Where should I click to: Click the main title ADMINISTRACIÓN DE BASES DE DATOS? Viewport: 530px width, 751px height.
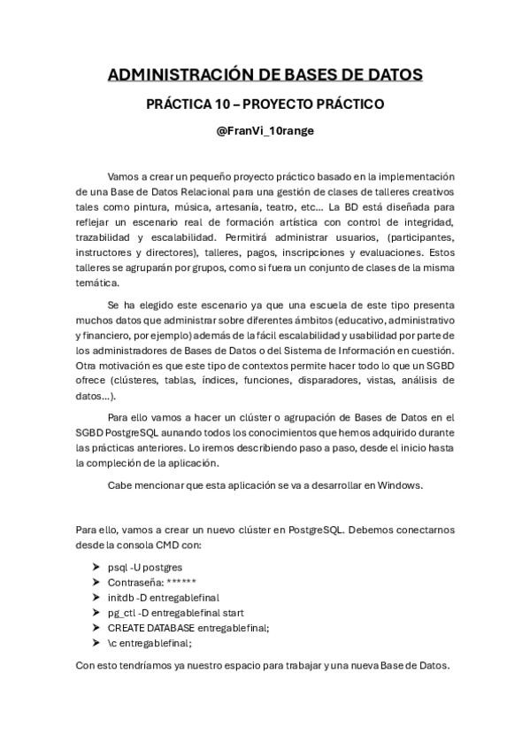tap(265, 74)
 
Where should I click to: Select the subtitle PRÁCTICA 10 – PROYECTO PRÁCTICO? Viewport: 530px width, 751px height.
tap(265, 105)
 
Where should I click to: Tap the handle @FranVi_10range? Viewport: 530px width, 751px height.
tap(265, 131)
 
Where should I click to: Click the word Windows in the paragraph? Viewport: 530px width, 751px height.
tap(403, 485)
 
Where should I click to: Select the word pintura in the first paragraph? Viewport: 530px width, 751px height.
tap(154, 206)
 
